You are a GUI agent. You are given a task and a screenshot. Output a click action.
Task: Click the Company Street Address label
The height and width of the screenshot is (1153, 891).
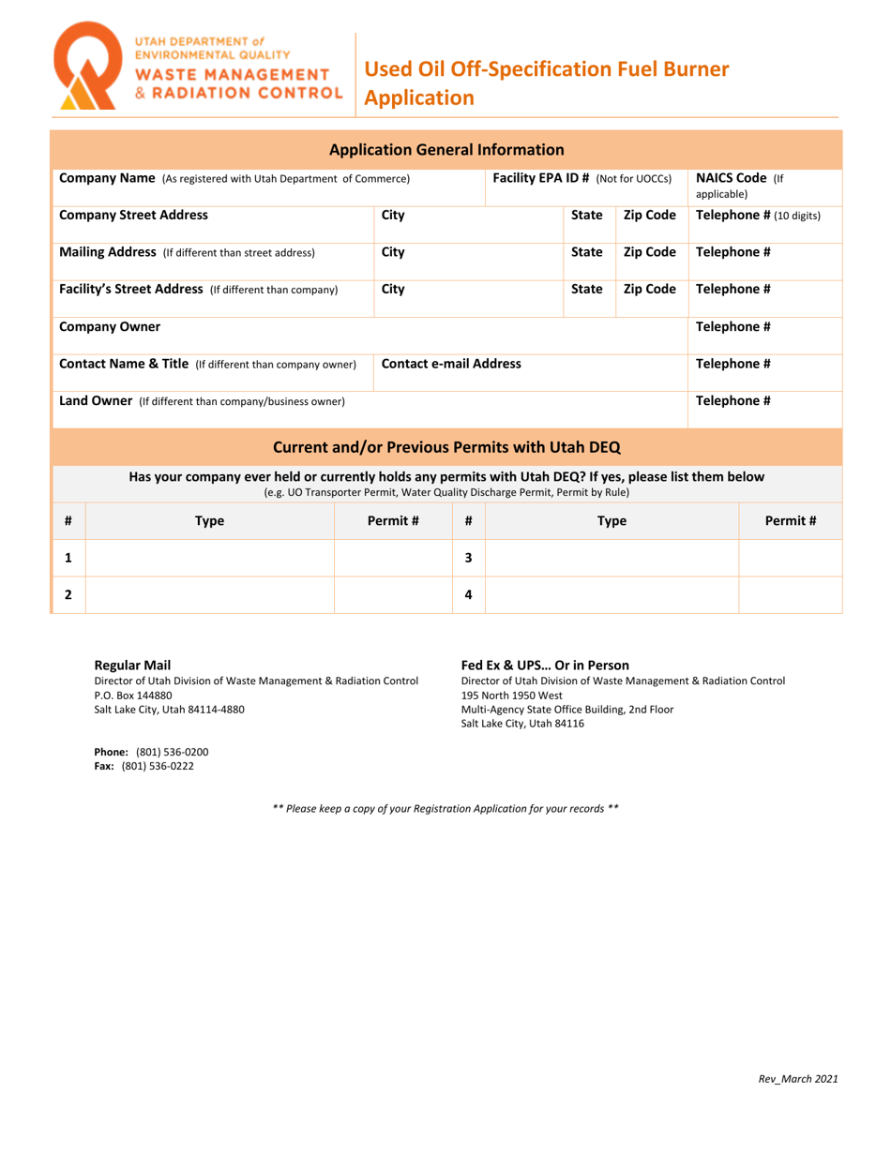coord(133,215)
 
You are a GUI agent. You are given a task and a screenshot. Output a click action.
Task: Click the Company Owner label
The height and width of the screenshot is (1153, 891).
coord(110,326)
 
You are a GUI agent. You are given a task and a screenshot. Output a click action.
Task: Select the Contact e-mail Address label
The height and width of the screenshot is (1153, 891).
coord(451,364)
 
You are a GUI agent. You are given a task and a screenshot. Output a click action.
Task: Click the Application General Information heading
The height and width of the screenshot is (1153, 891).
coord(446,149)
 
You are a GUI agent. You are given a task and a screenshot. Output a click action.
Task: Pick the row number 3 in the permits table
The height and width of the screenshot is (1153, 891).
coord(468,558)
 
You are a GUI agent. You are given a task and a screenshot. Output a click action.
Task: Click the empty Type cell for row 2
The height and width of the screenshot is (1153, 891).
coord(209,594)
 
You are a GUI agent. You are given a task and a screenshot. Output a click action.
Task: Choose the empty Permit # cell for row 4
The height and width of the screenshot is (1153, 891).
coord(790,594)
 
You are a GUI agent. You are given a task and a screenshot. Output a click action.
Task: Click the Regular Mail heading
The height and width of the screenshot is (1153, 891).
coord(132,665)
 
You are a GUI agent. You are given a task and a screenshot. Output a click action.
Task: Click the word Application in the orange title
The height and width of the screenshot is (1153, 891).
coord(418,97)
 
